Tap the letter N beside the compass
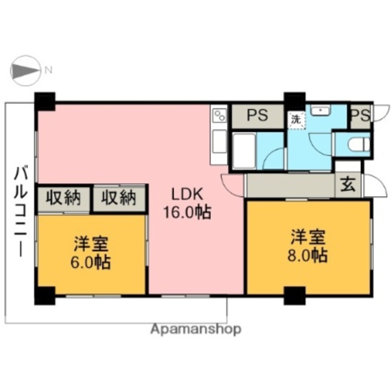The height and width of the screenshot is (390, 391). (x=48, y=71)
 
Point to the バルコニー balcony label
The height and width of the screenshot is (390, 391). (x=21, y=211)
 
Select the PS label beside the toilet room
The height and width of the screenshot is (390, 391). (x=360, y=116)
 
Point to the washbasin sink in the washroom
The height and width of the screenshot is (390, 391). (x=321, y=111)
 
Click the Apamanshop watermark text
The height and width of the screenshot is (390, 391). (x=195, y=329)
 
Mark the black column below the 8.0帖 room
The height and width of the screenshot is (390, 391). (x=294, y=296)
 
